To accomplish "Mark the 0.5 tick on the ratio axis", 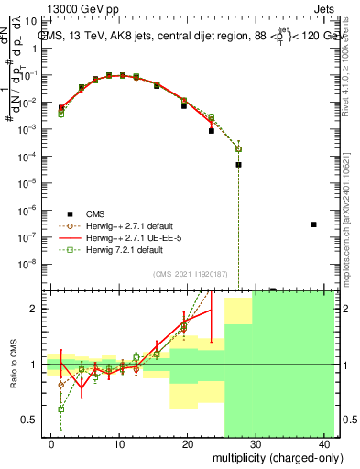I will (x=30, y=420).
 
